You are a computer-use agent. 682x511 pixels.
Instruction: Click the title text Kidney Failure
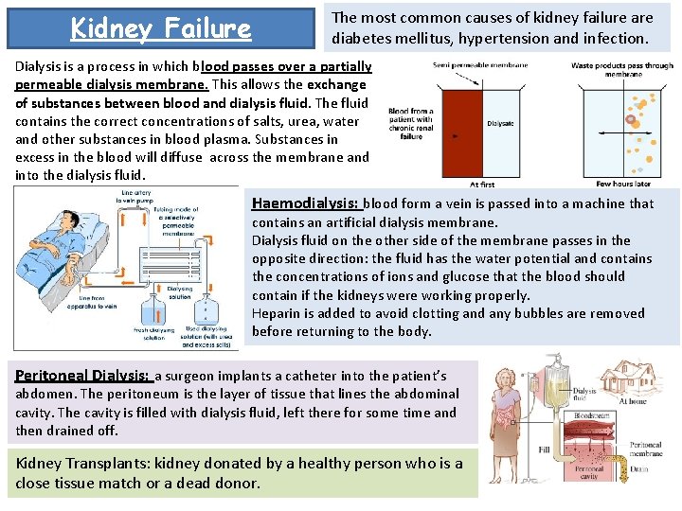point(161,29)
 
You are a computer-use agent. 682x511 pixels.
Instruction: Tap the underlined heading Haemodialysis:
point(305,203)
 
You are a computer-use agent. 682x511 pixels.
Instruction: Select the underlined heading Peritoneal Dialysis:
point(82,376)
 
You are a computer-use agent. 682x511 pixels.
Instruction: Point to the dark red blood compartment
point(459,123)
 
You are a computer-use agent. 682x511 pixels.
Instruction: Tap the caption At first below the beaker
point(481,184)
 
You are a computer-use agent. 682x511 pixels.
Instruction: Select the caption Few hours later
point(622,184)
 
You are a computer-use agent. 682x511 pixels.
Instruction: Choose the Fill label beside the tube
point(545,450)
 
